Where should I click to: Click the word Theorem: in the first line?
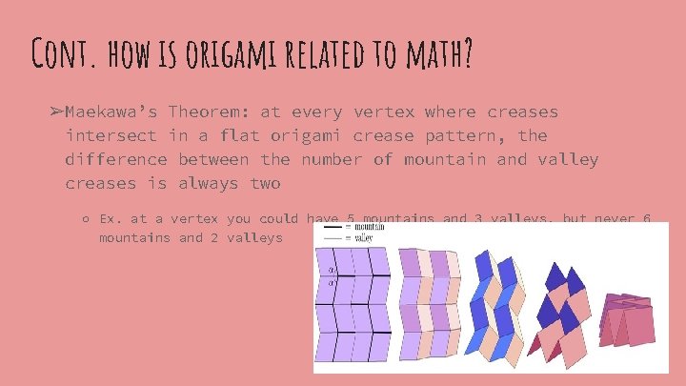click(x=212, y=112)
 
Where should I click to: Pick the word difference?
click(x=116, y=158)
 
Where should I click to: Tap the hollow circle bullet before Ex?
click(x=85, y=219)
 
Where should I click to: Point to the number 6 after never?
click(x=647, y=218)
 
